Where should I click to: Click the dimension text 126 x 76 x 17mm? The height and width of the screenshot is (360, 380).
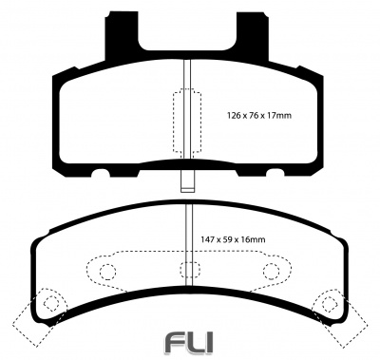click(x=259, y=116)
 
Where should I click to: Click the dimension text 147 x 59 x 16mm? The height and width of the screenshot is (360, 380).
click(x=233, y=239)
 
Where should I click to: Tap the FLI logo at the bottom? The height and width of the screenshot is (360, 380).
click(x=190, y=342)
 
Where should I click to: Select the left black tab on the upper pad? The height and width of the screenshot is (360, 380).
click(x=123, y=36)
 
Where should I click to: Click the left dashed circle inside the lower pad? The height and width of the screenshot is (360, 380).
click(x=107, y=272)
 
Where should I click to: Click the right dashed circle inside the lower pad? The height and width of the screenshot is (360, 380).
click(x=272, y=272)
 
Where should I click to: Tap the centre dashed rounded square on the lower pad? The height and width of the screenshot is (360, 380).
click(x=190, y=270)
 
